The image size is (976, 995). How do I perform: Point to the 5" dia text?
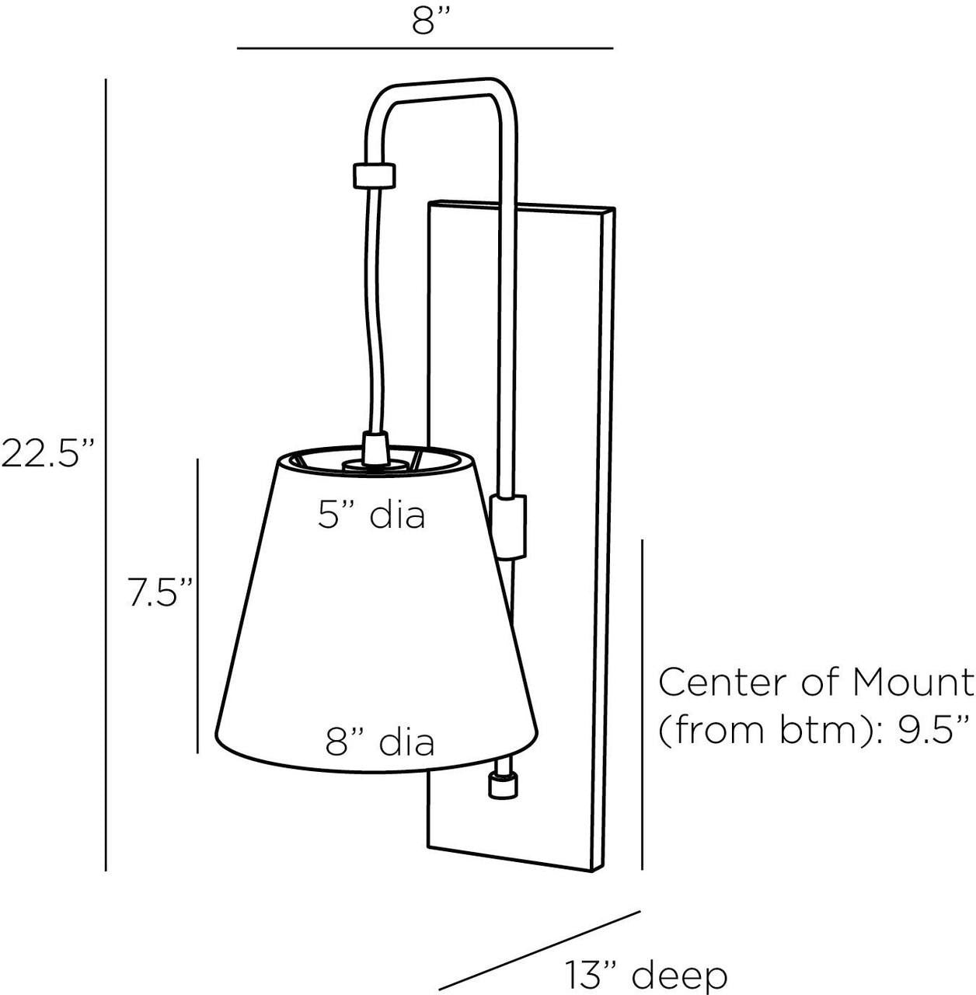[371, 515]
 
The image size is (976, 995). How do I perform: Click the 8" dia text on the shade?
[379, 742]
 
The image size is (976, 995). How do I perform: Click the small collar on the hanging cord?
[375, 176]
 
